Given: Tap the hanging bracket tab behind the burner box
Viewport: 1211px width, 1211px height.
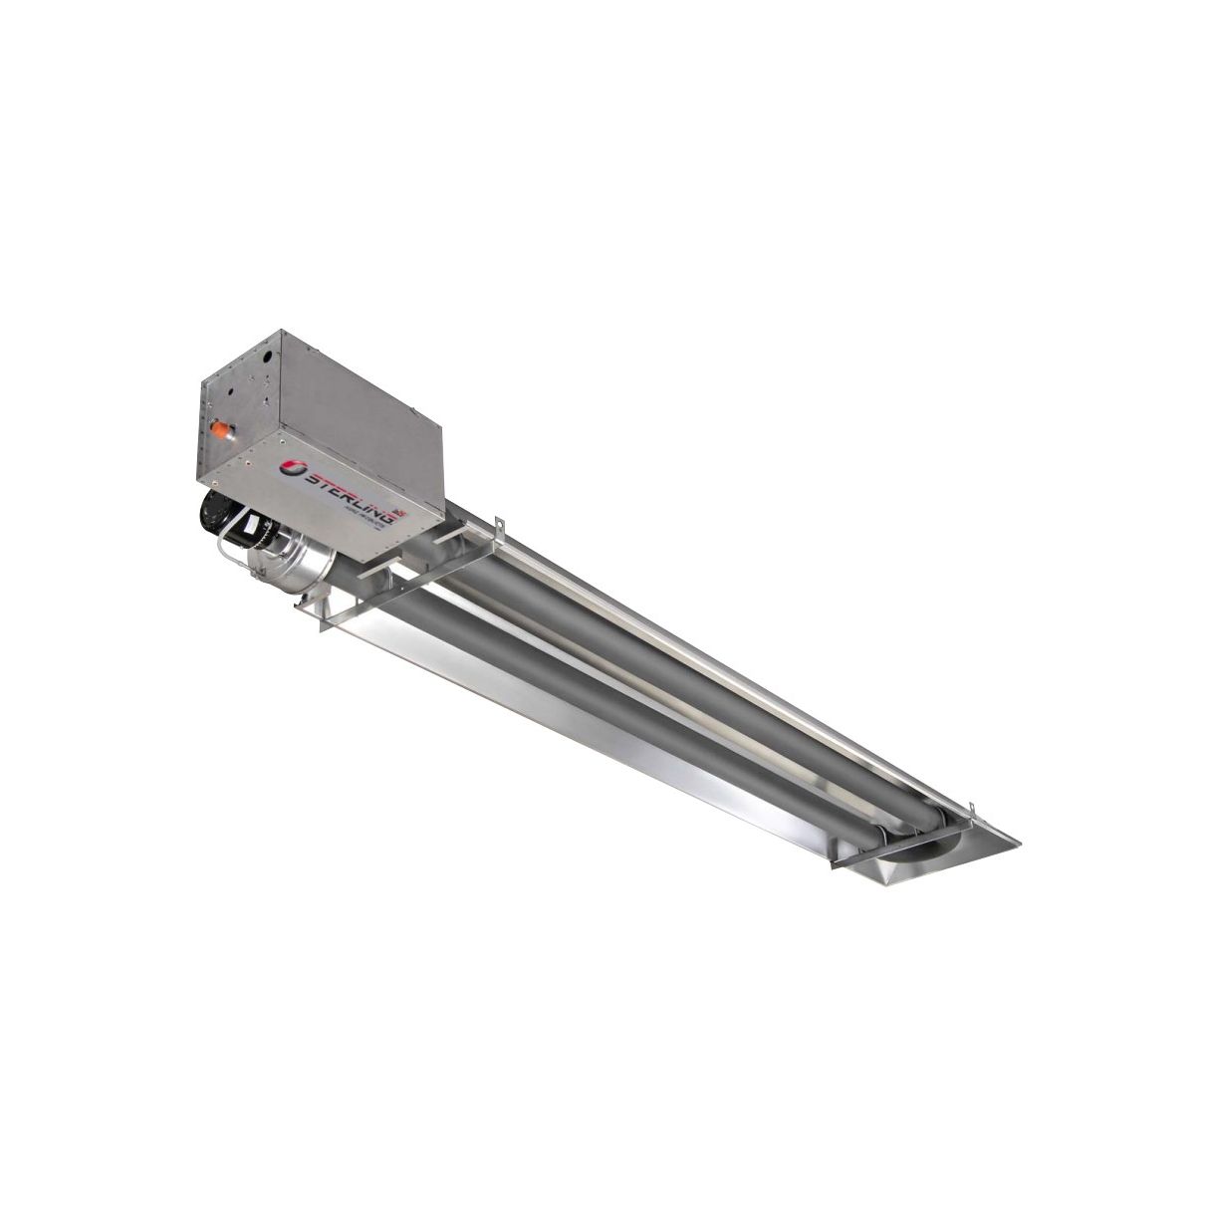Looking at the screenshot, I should coord(495,523).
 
